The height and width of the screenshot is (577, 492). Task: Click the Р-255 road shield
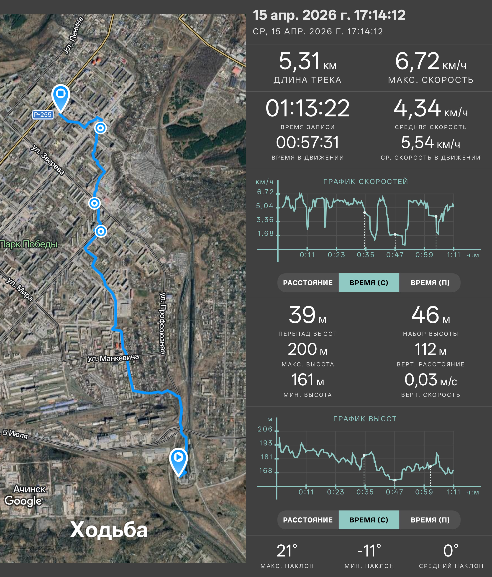(x=43, y=114)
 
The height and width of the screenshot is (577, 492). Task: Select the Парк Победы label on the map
(x=29, y=244)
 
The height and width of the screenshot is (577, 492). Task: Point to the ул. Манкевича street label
(x=113, y=358)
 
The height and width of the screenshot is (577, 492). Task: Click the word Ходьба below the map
(x=109, y=530)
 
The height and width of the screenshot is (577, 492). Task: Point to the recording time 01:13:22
(x=307, y=108)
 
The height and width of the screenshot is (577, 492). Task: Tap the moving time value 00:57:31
(x=307, y=143)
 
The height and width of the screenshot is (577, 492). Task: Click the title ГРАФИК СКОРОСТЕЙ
(x=366, y=182)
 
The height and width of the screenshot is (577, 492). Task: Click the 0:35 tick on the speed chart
(x=366, y=255)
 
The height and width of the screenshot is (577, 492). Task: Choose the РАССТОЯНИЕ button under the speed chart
(x=308, y=283)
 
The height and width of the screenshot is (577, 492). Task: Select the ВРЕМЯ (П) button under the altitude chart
(x=430, y=520)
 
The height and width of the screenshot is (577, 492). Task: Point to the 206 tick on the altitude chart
(x=265, y=429)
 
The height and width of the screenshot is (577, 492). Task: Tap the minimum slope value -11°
(x=369, y=551)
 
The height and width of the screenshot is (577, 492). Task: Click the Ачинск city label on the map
(x=30, y=489)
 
